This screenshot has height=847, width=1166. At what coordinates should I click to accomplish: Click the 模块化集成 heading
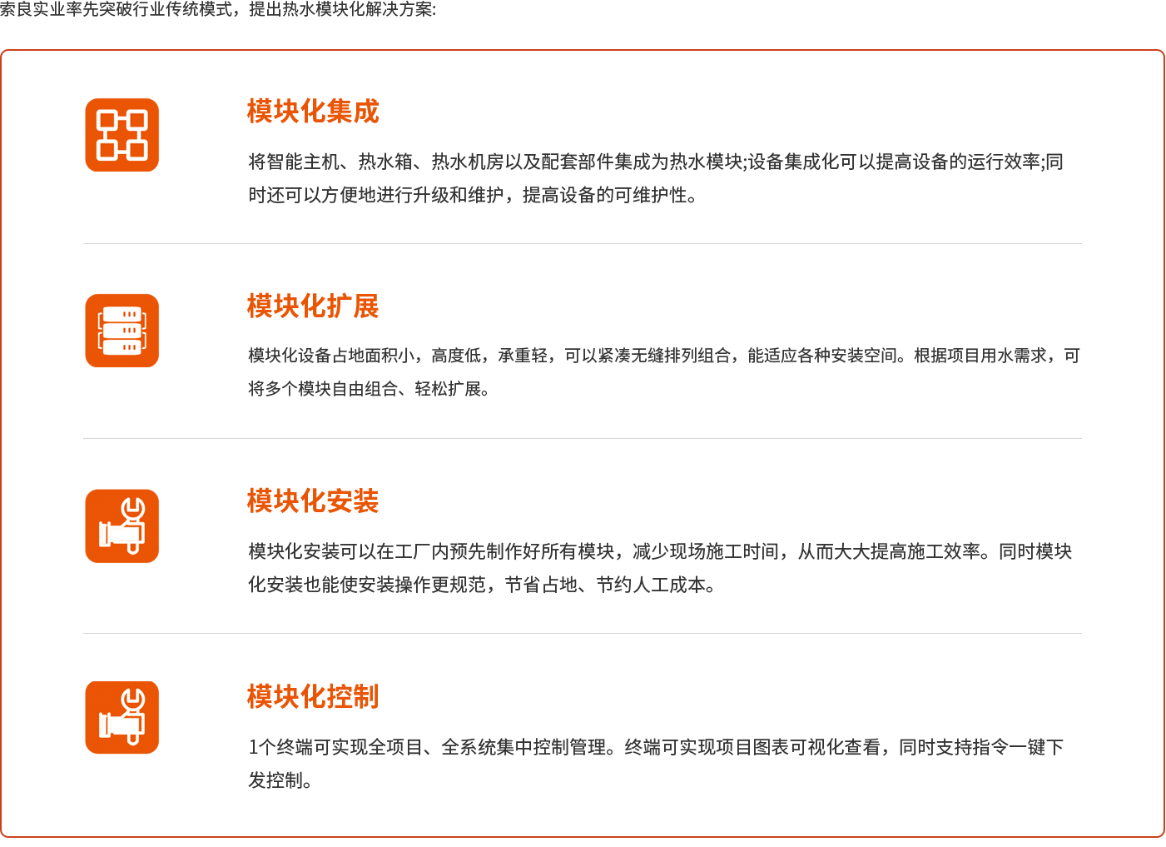(313, 111)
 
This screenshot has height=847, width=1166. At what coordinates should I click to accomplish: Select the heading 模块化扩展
(313, 306)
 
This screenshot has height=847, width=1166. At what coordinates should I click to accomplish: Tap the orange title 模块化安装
(313, 501)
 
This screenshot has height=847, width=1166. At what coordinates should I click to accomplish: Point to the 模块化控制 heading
(313, 696)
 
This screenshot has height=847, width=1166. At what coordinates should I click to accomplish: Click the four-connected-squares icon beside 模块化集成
(122, 135)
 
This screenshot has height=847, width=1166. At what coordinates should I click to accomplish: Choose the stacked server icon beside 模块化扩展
(122, 331)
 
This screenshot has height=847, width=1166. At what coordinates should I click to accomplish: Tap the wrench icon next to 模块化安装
(122, 526)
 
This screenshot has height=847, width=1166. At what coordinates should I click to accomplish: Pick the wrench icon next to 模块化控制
(122, 718)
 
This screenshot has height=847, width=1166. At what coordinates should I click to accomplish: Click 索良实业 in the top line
(32, 9)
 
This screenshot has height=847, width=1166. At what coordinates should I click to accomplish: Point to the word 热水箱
(385, 162)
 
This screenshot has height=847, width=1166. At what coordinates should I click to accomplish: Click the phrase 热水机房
(468, 162)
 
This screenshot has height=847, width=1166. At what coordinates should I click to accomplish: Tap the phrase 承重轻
(523, 356)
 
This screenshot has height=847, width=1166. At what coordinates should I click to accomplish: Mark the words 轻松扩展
(448, 389)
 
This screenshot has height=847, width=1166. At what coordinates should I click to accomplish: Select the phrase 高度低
(456, 356)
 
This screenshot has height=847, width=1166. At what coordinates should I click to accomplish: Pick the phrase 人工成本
(669, 585)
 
